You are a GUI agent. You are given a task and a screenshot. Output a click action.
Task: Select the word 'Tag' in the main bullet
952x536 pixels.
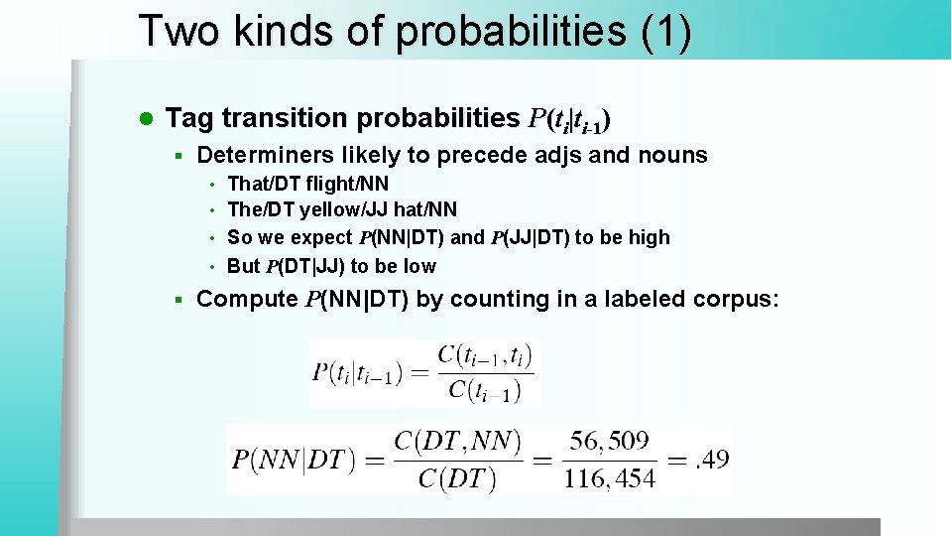[189, 119]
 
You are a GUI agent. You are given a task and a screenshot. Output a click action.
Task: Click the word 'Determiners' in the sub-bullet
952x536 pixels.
[265, 155]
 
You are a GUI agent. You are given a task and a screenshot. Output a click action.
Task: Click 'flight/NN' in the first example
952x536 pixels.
[348, 184]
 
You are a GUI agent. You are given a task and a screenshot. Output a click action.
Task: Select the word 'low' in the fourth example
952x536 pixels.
[418, 266]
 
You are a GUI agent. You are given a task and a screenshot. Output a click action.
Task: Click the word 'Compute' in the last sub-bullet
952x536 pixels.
[247, 299]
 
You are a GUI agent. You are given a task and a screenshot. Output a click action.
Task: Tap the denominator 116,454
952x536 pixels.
[610, 478]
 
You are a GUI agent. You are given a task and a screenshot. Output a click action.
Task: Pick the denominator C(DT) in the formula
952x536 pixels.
[457, 478]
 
